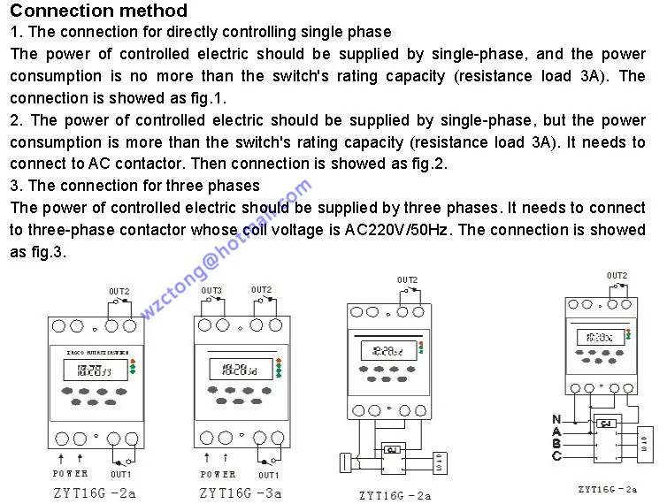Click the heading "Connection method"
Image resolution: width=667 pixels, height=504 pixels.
tap(99, 11)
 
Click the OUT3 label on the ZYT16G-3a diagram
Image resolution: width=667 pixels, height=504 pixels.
tap(211, 291)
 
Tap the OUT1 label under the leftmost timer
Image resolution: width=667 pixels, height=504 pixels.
tap(121, 475)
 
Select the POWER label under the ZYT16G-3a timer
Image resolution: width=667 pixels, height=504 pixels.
tap(218, 474)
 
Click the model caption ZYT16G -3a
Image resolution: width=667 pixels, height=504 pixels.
tap(240, 493)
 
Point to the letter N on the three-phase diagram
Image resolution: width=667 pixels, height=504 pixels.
tap(556, 418)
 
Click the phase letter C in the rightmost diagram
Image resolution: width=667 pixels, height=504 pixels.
tap(556, 455)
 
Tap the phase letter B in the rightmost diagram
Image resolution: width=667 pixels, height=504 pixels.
tap(556, 443)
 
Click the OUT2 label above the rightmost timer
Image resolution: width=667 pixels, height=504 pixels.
tap(617, 276)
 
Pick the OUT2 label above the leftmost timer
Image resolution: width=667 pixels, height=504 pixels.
tap(119, 291)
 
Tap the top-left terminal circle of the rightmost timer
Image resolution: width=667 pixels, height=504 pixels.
tap(577, 305)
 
